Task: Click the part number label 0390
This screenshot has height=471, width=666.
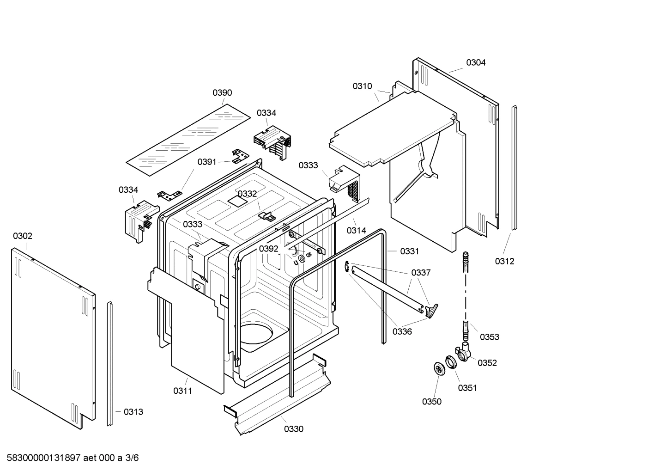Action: pos(222,93)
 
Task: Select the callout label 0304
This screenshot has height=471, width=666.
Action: pos(476,63)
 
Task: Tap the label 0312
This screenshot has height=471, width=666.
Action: pos(504,262)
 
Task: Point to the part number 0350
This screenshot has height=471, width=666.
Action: pos(432,402)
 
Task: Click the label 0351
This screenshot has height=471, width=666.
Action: pos(467,388)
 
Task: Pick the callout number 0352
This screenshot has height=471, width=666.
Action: pos(487,363)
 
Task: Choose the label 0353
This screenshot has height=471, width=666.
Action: pos(490,337)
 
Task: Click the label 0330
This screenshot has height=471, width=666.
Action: pos(294,429)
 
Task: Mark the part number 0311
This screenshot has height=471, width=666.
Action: pos(183,391)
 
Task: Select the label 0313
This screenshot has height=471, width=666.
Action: pos(133,412)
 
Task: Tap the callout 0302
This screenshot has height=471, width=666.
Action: pos(23,236)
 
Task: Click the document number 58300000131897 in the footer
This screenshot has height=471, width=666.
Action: pos(44,458)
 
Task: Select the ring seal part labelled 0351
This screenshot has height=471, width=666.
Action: pos(450,361)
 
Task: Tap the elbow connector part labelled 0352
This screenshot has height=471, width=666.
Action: pos(463,352)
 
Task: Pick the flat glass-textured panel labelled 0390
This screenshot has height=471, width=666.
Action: pos(189,139)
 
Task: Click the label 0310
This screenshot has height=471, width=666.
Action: pos(363,86)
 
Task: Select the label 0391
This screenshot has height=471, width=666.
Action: pos(207,162)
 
